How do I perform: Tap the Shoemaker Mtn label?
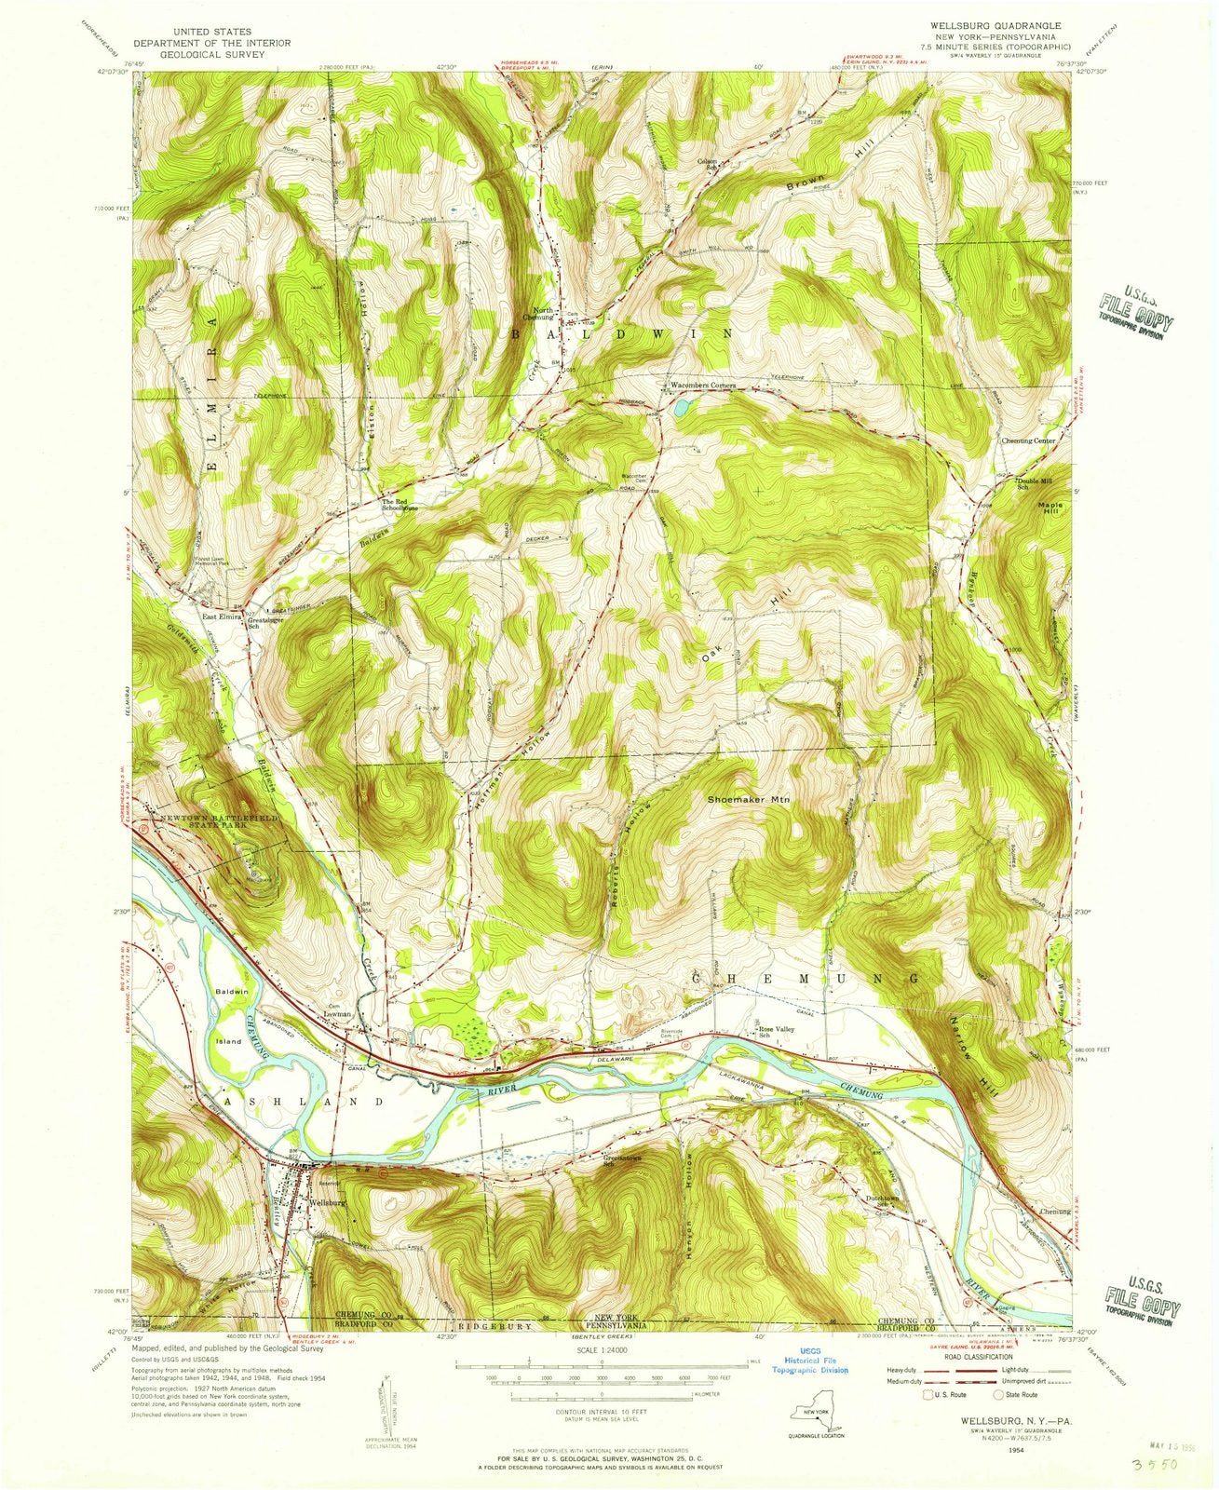(748, 799)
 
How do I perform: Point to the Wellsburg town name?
(328, 1201)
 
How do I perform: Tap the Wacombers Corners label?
(703, 386)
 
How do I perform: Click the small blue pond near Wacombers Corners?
(683, 407)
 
